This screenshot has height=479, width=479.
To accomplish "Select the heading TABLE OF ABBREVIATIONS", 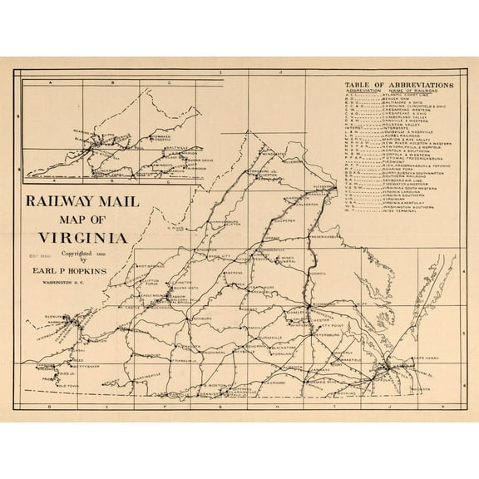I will (398, 86).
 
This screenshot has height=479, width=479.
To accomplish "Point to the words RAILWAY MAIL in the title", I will (75, 200).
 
